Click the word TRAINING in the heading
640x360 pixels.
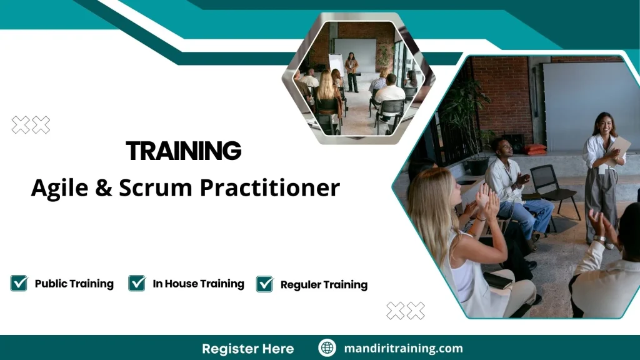pos(183,151)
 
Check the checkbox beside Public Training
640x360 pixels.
pos(19,283)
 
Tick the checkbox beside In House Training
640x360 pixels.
pos(137,283)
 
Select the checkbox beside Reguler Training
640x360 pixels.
pos(265,284)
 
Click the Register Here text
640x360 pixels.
pos(247,348)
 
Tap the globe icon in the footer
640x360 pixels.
pos(327,348)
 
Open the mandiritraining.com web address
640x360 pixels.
pos(403,348)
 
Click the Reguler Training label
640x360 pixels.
pos(324,284)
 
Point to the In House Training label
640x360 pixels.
pos(198,284)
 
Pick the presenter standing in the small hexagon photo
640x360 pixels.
pos(351,71)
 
